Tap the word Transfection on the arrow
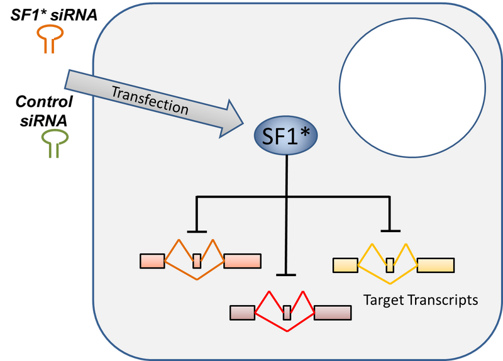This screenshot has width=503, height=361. tap(150, 100)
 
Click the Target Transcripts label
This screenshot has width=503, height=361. tap(420, 300)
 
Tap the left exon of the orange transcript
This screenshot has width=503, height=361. tap(152, 260)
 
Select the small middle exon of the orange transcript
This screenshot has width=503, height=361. tap(197, 260)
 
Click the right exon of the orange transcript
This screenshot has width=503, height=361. tap(242, 260)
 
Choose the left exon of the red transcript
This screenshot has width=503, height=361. tap(243, 312)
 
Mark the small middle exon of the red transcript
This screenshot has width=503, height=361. tap(287, 312)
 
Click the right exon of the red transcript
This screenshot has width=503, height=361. tap(333, 312)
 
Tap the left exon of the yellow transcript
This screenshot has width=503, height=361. tap(345, 265)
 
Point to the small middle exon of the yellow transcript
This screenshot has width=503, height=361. tap(390, 265)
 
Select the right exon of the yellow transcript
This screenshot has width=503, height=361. tap(435, 265)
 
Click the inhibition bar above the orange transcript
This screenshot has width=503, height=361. tap(197, 231)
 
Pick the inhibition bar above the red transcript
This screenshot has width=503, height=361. tap(287, 274)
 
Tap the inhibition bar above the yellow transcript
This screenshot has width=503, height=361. tap(390, 231)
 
